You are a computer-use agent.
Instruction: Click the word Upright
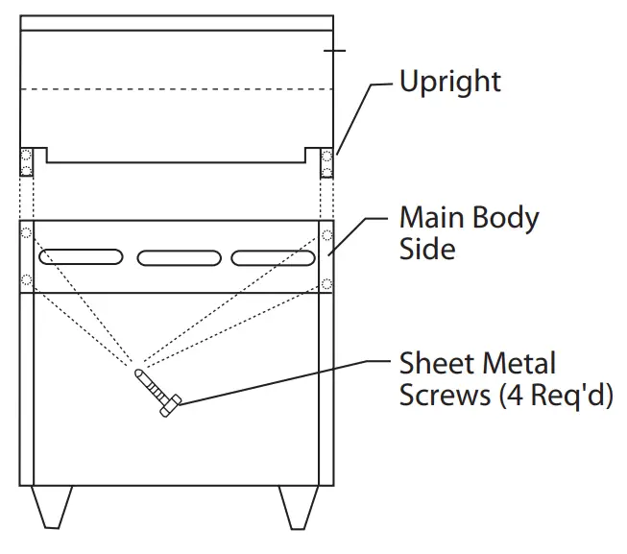pyautogui.click(x=449, y=82)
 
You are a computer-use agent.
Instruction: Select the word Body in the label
pyautogui.click(x=505, y=219)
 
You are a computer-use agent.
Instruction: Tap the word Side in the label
pyautogui.click(x=426, y=250)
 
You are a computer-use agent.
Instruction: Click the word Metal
pyautogui.click(x=518, y=364)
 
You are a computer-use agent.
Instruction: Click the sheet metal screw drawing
pyautogui.click(x=157, y=394)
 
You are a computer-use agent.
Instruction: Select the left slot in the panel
pyautogui.click(x=81, y=257)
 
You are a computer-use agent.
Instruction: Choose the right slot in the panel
pyautogui.click(x=274, y=257)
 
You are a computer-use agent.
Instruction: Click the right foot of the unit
pyautogui.click(x=299, y=506)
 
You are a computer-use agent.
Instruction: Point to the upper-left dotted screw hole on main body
pyautogui.click(x=26, y=233)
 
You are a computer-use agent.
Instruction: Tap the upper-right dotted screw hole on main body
pyautogui.click(x=327, y=234)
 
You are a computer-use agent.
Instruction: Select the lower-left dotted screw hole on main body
pyautogui.click(x=26, y=281)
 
